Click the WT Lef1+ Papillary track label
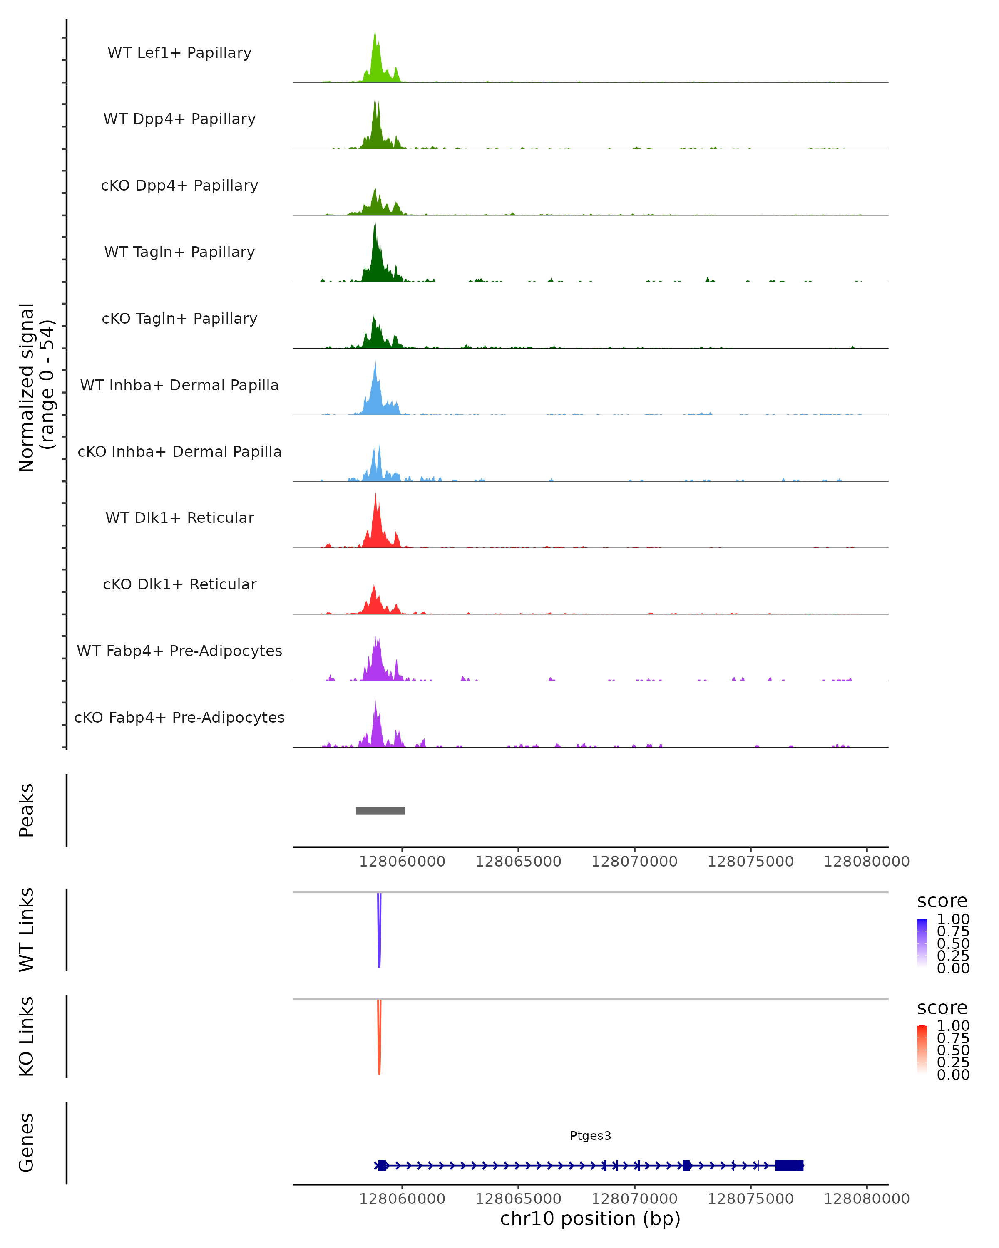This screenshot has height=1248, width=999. click(179, 53)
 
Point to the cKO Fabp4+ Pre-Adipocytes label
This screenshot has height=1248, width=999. click(179, 717)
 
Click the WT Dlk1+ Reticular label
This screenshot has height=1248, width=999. click(179, 518)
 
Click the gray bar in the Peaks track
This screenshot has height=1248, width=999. click(380, 810)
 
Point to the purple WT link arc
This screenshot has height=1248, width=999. click(379, 932)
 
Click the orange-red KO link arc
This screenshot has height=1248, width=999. click(379, 1039)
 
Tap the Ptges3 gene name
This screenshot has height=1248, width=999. click(590, 1136)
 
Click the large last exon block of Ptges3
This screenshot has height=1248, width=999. click(789, 1166)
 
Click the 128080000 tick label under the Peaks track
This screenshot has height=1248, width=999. click(866, 862)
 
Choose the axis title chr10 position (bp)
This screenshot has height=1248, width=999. click(590, 1219)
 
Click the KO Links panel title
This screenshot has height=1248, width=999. click(27, 1037)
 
